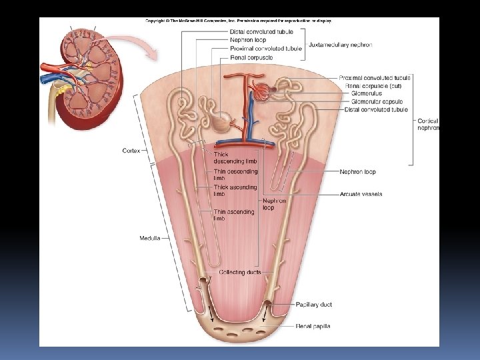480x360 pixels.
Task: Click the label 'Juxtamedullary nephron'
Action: [x=340, y=45]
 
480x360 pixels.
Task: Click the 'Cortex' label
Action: [x=131, y=151]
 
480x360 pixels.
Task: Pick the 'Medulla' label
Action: [x=149, y=238]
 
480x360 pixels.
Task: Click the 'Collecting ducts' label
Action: [x=240, y=272]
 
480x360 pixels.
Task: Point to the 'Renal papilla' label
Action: [x=313, y=326]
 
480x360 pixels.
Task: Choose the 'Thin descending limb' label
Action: [x=235, y=175]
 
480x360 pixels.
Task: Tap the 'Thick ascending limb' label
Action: [x=235, y=191]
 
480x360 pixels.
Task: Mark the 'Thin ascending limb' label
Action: [x=233, y=215]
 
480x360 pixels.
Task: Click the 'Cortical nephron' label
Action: [x=428, y=124]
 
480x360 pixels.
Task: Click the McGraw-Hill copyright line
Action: [x=239, y=21]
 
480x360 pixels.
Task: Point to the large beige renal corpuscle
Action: [x=223, y=121]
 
